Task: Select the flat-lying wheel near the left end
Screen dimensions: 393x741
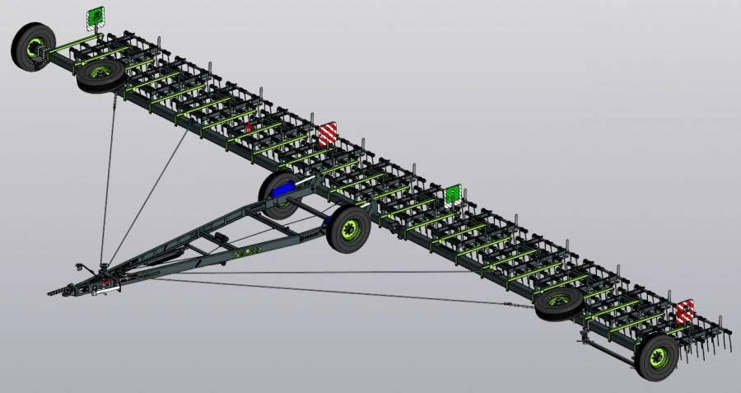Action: (x=100, y=76)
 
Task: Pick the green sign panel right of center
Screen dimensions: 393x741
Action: (x=452, y=195)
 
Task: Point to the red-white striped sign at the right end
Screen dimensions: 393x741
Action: (x=685, y=312)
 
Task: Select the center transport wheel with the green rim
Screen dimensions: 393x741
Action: (x=349, y=229)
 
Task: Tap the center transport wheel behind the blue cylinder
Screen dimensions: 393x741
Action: (x=277, y=194)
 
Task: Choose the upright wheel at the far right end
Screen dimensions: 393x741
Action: (x=658, y=357)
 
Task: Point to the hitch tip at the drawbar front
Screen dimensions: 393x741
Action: (x=54, y=292)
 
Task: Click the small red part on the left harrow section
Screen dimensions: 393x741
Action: (x=246, y=129)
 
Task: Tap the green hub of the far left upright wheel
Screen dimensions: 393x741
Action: (x=35, y=48)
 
